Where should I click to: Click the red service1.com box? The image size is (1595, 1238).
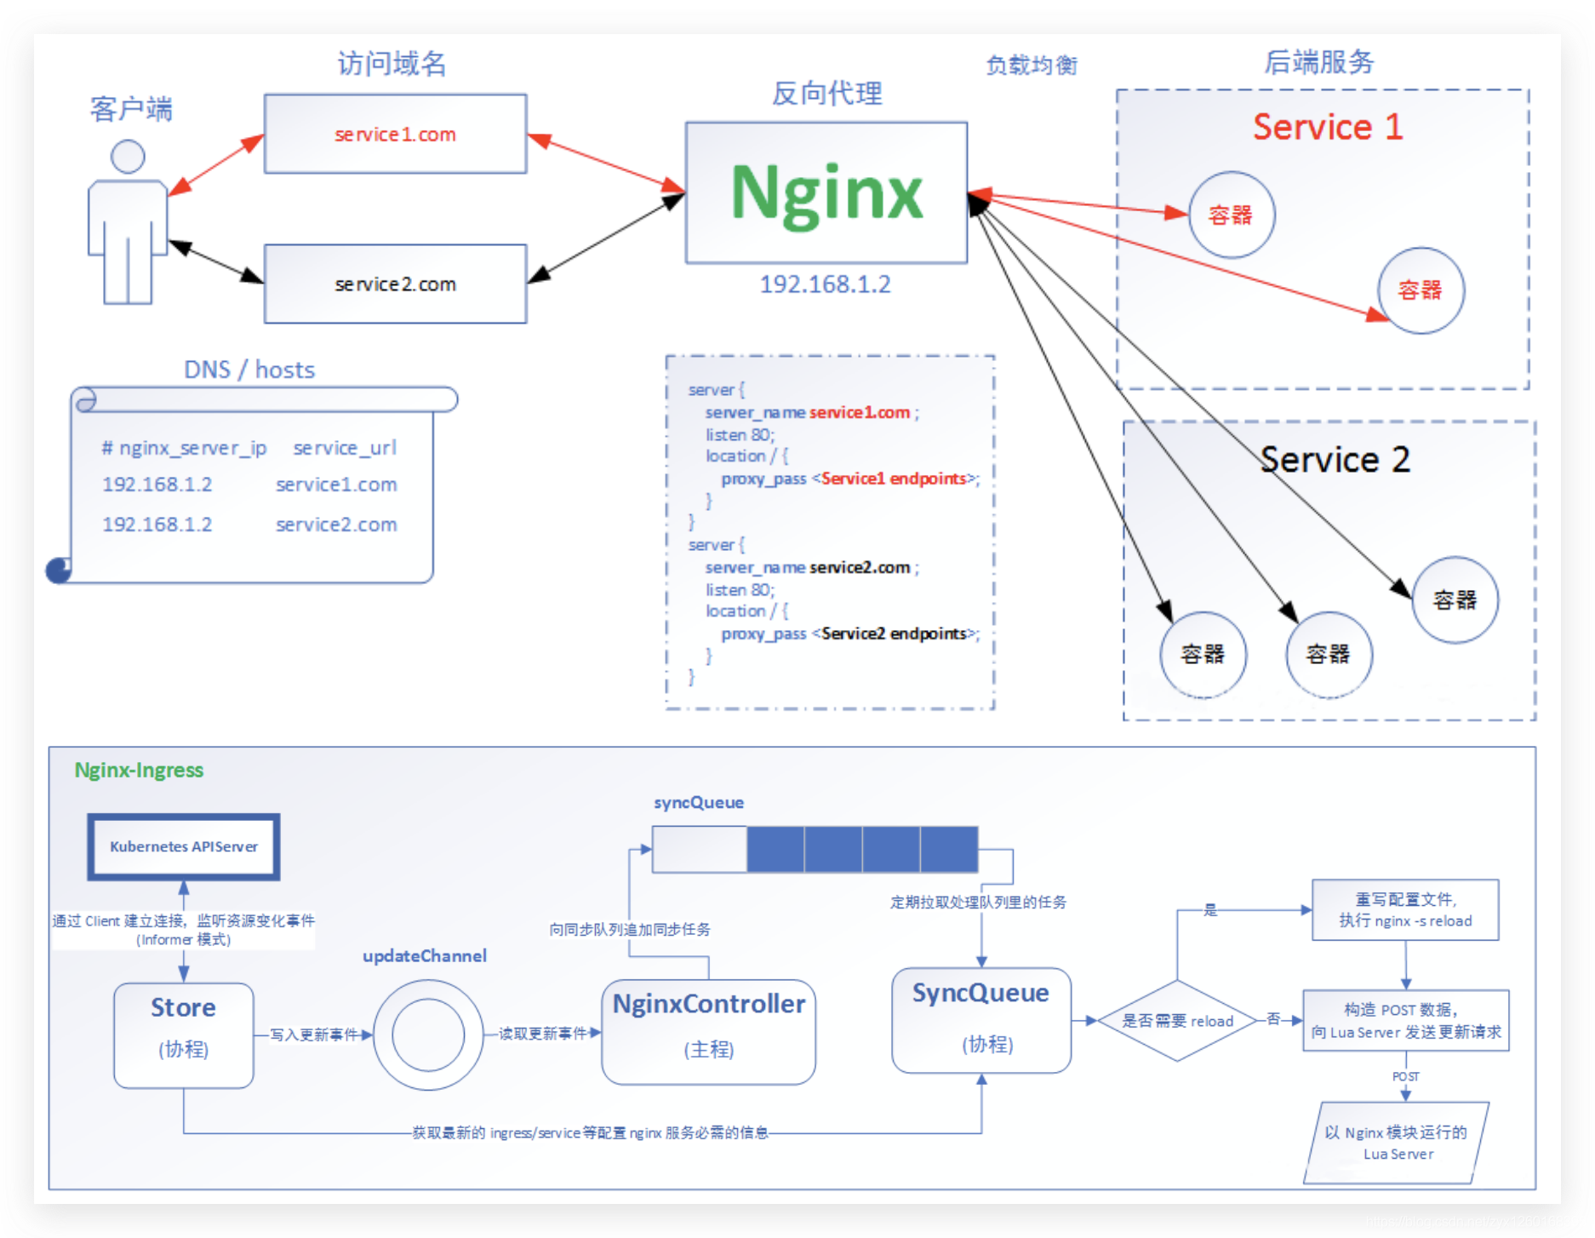click(x=395, y=134)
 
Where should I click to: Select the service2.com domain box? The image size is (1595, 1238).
click(x=395, y=284)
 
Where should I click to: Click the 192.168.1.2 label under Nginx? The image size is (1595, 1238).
click(x=825, y=284)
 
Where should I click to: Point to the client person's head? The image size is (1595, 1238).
click(x=128, y=157)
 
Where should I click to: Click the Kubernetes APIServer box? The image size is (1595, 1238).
click(x=184, y=846)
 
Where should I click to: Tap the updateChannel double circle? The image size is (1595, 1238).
click(x=428, y=1035)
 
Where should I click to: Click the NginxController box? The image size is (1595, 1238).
click(x=708, y=1030)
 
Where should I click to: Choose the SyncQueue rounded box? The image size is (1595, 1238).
click(x=980, y=1019)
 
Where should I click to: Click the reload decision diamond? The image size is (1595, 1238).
click(x=1177, y=1020)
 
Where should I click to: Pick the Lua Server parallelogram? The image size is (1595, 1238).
click(x=1397, y=1143)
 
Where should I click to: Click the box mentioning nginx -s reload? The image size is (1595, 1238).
click(x=1405, y=909)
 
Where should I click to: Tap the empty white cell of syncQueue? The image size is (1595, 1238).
click(x=700, y=849)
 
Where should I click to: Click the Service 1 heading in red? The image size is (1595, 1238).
click(x=1328, y=127)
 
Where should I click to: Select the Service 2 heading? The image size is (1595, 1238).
click(x=1335, y=460)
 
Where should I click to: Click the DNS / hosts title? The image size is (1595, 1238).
click(x=249, y=370)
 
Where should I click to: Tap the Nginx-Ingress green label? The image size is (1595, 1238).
click(x=139, y=770)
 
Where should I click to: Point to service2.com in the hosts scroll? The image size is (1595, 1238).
click(x=336, y=524)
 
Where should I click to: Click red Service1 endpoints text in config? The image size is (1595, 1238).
click(x=893, y=479)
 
